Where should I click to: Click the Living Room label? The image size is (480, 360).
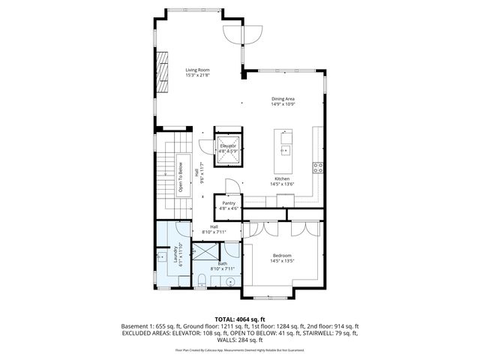click(198, 70)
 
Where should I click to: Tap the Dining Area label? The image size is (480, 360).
click(283, 98)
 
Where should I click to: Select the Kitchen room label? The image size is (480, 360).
click(282, 178)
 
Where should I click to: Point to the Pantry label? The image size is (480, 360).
click(228, 203)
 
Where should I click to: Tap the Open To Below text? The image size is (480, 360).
click(181, 177)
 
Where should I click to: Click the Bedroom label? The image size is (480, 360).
click(282, 255)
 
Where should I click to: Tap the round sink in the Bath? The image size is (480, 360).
click(230, 282)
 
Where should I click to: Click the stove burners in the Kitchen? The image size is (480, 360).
click(317, 166)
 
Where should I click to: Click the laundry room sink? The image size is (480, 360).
click(162, 257)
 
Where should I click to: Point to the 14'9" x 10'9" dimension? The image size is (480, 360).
click(283, 103)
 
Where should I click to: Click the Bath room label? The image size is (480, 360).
click(223, 263)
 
